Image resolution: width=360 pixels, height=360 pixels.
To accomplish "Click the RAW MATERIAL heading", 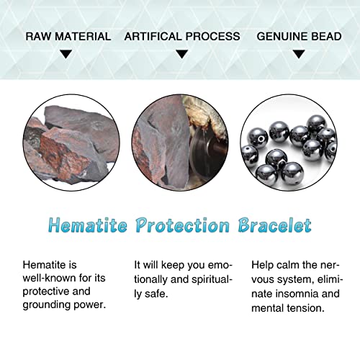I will coord(68,36).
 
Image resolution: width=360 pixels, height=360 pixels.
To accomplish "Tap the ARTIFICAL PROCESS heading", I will coord(182,36).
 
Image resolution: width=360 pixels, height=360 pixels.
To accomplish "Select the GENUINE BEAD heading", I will coord(297,36).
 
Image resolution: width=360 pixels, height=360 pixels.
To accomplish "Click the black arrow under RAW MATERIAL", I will coord(66,53).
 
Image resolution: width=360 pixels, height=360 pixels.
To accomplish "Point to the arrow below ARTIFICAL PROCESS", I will coord(182,53).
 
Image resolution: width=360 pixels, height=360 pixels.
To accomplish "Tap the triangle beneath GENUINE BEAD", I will coord(297,53).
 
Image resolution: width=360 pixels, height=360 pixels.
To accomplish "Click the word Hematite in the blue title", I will coord(84,225).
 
